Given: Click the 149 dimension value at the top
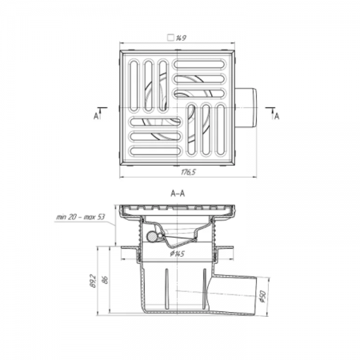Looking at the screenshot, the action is tap(181, 38).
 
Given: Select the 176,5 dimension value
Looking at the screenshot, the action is tap(188, 172).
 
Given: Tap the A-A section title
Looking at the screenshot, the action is tap(178, 193).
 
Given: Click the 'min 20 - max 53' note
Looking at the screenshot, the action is tap(80, 217).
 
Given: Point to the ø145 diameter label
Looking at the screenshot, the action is tap(178, 254).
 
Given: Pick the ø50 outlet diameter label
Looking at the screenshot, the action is tap(262, 296).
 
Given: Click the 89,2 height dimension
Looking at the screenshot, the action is tap(93, 281).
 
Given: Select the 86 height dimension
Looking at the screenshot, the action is tap(106, 280).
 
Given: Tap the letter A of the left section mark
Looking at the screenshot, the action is tap(96, 116).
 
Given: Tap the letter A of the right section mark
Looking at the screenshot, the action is tap(277, 116).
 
